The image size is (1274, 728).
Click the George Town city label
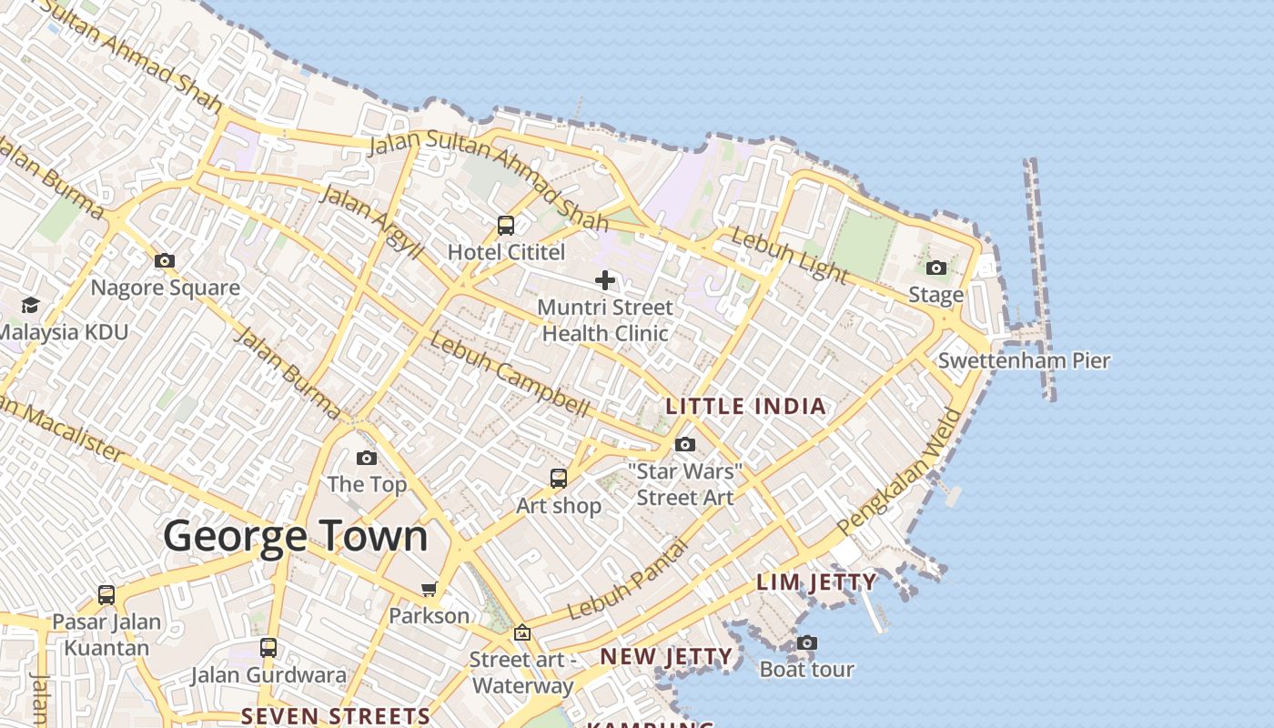coord(296,536)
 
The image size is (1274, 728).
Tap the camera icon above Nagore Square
coord(165,261)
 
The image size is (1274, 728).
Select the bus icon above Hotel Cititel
coord(506,226)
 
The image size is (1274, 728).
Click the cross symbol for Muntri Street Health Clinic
coord(605,280)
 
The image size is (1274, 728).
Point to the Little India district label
coord(746,407)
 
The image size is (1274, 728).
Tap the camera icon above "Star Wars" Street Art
coord(685,445)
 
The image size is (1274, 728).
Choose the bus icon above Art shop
coord(559,479)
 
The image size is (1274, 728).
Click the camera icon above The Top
coord(367,458)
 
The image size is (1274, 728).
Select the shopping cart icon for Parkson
coord(430,589)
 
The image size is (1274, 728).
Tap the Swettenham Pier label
coord(1024,360)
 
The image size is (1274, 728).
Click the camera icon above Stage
coord(936,268)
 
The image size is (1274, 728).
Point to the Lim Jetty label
coord(817,582)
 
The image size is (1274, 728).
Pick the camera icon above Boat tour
coord(806,643)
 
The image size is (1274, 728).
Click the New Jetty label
coord(666,657)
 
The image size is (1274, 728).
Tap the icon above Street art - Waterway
coord(522,632)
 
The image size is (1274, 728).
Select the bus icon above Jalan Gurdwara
coord(268,648)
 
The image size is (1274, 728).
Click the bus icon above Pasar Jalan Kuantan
coord(106,595)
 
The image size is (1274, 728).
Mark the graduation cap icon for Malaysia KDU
coord(31,305)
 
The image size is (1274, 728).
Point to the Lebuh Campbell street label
coord(510,375)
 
